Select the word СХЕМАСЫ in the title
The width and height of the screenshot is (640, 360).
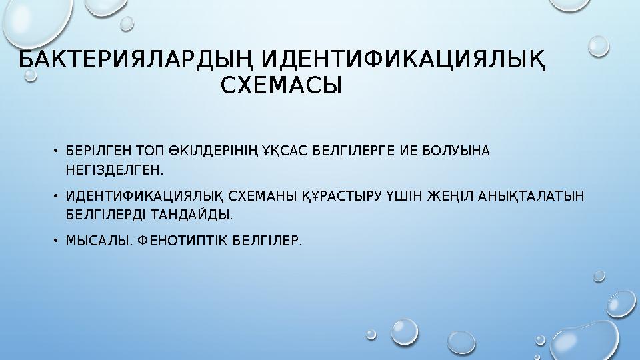coord(281,86)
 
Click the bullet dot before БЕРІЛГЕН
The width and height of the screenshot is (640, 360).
coord(57,151)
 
